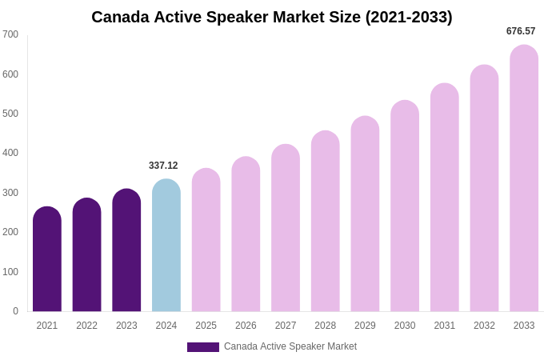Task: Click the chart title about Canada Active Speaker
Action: [x=272, y=17]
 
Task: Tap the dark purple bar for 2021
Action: [x=47, y=259]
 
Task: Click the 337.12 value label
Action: [x=163, y=166]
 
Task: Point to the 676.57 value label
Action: [x=521, y=31]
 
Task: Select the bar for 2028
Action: [x=326, y=222]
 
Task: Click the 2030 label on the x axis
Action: [x=405, y=326]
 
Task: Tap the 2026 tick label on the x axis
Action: [x=246, y=326]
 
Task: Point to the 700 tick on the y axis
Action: [x=10, y=34]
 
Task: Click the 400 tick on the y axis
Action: [x=10, y=153]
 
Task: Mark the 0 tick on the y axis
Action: [x=15, y=311]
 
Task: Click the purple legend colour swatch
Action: [x=203, y=347]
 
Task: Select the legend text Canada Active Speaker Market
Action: [x=290, y=346]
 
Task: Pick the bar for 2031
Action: [x=445, y=198]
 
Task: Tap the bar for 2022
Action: [x=87, y=255]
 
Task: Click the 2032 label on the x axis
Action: [x=484, y=326]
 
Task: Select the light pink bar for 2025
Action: [x=206, y=240]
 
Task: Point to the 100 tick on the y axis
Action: [x=10, y=272]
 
